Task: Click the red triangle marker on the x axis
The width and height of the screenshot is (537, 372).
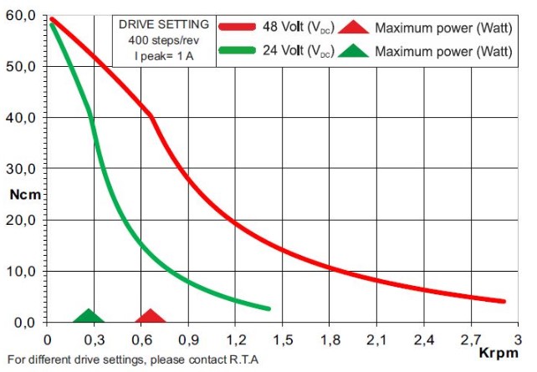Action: click(151, 317)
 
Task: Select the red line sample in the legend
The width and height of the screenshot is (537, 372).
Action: click(241, 27)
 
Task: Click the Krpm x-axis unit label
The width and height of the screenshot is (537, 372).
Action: click(496, 353)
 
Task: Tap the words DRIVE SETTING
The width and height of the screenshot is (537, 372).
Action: click(164, 24)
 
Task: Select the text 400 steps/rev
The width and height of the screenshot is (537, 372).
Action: click(164, 39)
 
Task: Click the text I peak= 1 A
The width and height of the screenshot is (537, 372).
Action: click(164, 54)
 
